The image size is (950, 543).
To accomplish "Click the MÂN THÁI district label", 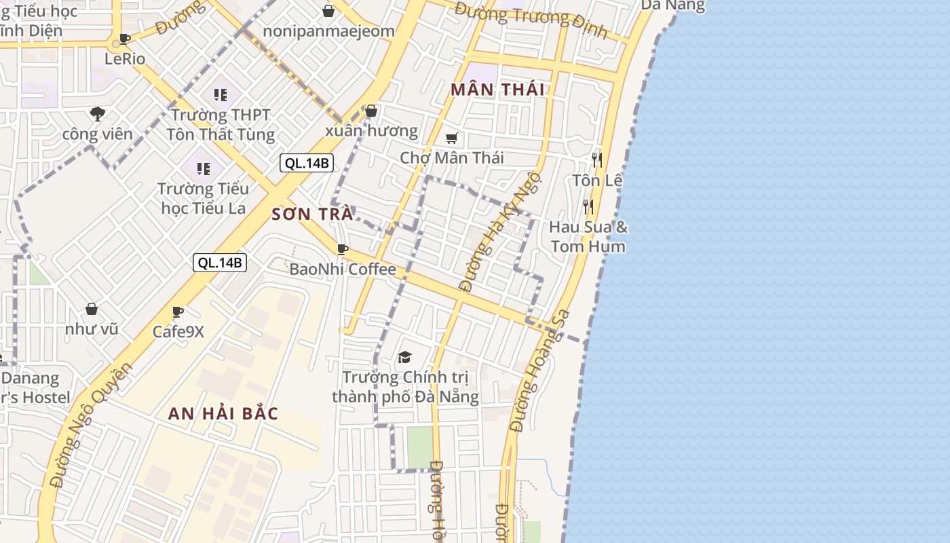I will [x=497, y=89].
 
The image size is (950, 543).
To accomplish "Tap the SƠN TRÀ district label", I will [x=312, y=214].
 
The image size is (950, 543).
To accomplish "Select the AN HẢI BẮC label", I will [x=223, y=413].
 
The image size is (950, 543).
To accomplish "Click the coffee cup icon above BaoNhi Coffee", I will [x=343, y=249].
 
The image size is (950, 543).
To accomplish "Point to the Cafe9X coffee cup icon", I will [x=178, y=312].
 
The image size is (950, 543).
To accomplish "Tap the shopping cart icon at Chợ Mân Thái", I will [x=451, y=138].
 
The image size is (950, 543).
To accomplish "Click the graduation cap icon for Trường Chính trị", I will [x=405, y=357].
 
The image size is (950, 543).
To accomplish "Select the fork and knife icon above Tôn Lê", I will [x=597, y=160].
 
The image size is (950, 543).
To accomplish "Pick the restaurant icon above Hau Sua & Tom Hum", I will [x=588, y=206].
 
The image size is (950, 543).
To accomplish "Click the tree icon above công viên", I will [x=98, y=113].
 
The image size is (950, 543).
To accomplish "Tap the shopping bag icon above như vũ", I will [x=92, y=310].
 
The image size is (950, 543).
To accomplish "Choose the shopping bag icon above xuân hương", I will [x=370, y=111].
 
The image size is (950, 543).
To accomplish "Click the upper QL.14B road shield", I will [x=307, y=163].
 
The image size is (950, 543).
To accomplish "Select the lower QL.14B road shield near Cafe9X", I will [x=220, y=263].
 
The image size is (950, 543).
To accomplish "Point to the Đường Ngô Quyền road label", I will [x=92, y=425].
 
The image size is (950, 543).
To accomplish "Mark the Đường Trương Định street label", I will [x=531, y=19].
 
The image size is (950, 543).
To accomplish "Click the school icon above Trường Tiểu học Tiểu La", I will [x=203, y=168].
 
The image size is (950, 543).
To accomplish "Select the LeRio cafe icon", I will [x=124, y=39].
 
